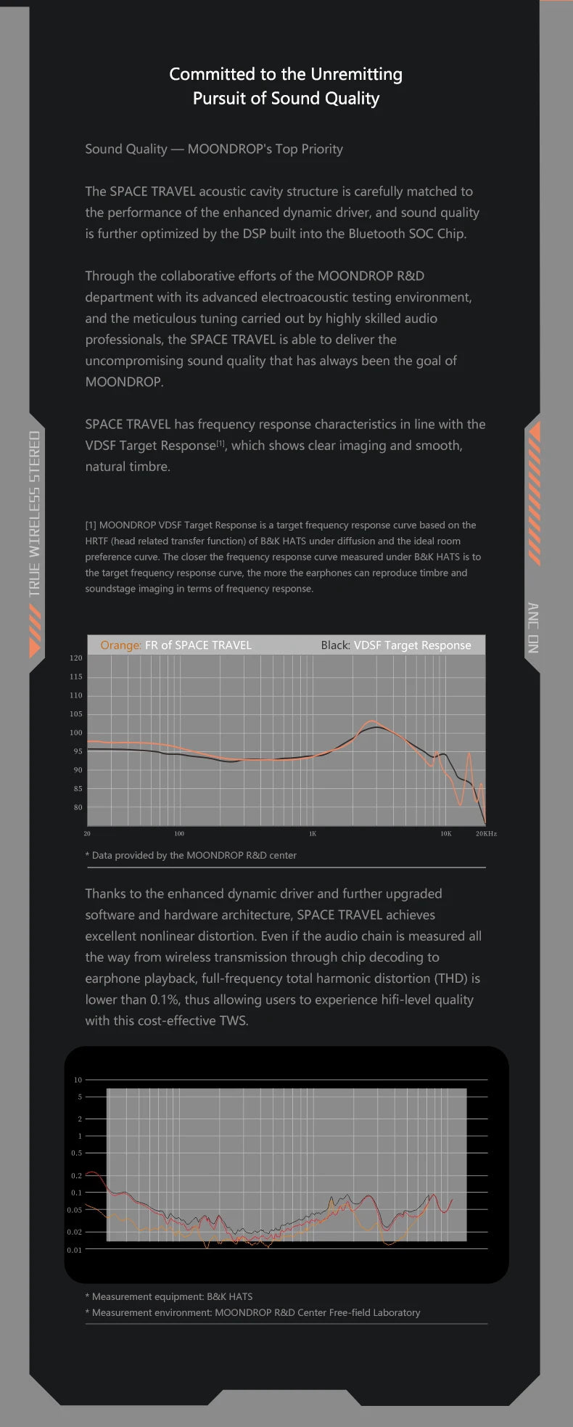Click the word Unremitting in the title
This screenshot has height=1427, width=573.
coord(356,74)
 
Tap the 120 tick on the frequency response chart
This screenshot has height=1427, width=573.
coord(76,658)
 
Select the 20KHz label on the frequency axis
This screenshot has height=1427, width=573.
coord(486,834)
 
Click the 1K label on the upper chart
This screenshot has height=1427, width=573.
coord(313,834)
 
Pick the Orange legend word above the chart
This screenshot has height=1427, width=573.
coord(120,645)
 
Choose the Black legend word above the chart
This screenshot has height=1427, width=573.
coord(335,645)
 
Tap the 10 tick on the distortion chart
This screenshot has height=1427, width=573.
coord(78,1080)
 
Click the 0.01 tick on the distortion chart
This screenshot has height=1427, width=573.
coord(75,1250)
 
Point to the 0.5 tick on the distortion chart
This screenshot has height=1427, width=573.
coord(76,1153)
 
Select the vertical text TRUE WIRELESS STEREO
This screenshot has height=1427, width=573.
coord(35,513)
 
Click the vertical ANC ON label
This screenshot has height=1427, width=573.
coord(533,628)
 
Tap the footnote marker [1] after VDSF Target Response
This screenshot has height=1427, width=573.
coord(222,443)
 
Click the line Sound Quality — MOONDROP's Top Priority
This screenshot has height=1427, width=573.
coord(214,149)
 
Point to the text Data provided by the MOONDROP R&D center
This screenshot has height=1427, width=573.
coord(194,855)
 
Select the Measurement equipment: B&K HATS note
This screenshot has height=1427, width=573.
coord(172,1296)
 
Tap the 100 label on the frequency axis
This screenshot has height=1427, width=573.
coord(179,834)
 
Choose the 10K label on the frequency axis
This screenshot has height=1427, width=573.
coord(446,834)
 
